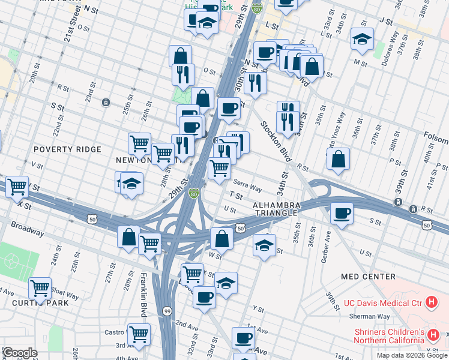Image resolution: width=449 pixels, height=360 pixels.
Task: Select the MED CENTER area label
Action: (x=368, y=277)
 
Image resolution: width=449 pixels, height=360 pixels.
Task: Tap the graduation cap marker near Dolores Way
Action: (x=362, y=39)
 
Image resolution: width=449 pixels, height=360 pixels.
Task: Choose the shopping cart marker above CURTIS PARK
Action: (x=40, y=288)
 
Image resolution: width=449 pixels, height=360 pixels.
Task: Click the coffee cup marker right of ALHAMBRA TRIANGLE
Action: (x=342, y=213)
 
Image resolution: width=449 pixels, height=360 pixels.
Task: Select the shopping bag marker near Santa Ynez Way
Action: (x=339, y=159)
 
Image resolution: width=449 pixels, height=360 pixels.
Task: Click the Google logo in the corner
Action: (x=20, y=353)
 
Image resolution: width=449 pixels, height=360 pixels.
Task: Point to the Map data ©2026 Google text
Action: (x=412, y=355)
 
